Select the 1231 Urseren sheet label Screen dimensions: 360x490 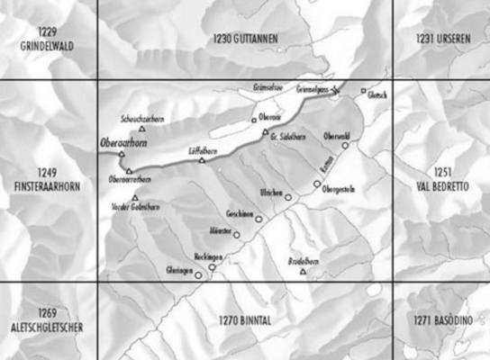(x=440, y=39)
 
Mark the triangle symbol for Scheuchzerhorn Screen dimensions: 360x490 (x=141, y=130)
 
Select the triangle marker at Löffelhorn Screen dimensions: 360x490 (x=202, y=161)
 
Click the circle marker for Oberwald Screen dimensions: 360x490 (x=345, y=145)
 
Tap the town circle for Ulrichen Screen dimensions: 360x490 (x=288, y=197)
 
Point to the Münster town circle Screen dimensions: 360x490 (x=237, y=236)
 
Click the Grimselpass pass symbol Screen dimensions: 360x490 (x=336, y=89)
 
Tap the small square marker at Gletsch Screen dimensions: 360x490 (x=364, y=91)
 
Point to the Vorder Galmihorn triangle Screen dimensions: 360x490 (x=135, y=198)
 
